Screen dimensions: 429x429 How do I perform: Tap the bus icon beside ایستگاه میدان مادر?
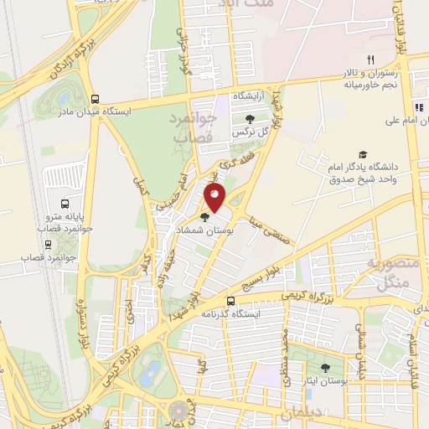[x=95, y=98]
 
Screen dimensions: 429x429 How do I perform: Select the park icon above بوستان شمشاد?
[x=205, y=217]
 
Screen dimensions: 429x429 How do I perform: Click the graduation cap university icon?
[x=363, y=154]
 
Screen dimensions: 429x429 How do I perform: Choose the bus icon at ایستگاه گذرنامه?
[x=232, y=301]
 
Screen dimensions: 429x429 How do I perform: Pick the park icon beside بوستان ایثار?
[x=325, y=369]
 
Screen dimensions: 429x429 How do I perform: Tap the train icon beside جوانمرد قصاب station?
[x=47, y=245]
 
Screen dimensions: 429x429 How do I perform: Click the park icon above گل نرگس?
[x=250, y=119]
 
